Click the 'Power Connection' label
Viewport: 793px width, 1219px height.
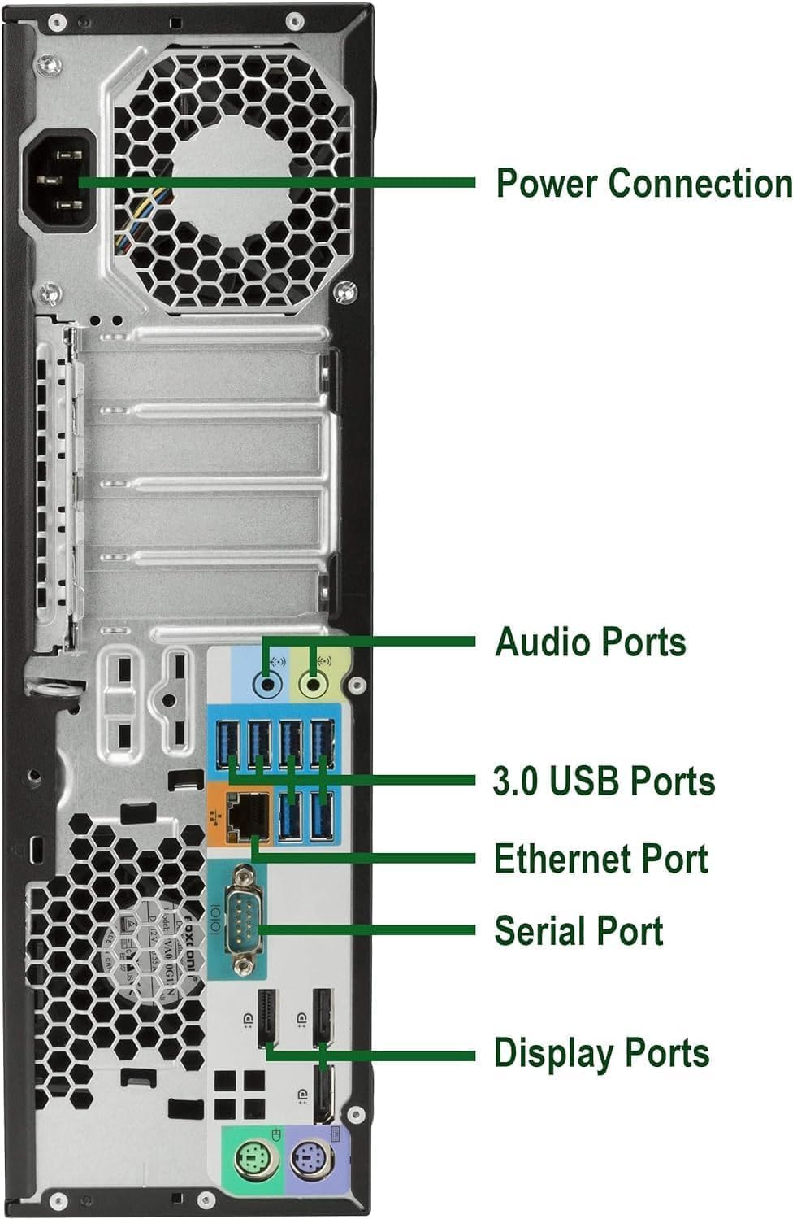pos(643,182)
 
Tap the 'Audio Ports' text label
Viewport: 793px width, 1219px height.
pos(591,642)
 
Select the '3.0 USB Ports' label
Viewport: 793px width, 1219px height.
pos(604,781)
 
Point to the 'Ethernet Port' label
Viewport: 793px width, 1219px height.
pos(601,859)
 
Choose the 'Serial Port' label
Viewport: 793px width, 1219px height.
pos(578,931)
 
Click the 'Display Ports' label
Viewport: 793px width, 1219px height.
pos(601,1053)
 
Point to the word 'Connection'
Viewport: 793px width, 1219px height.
pos(700,182)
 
